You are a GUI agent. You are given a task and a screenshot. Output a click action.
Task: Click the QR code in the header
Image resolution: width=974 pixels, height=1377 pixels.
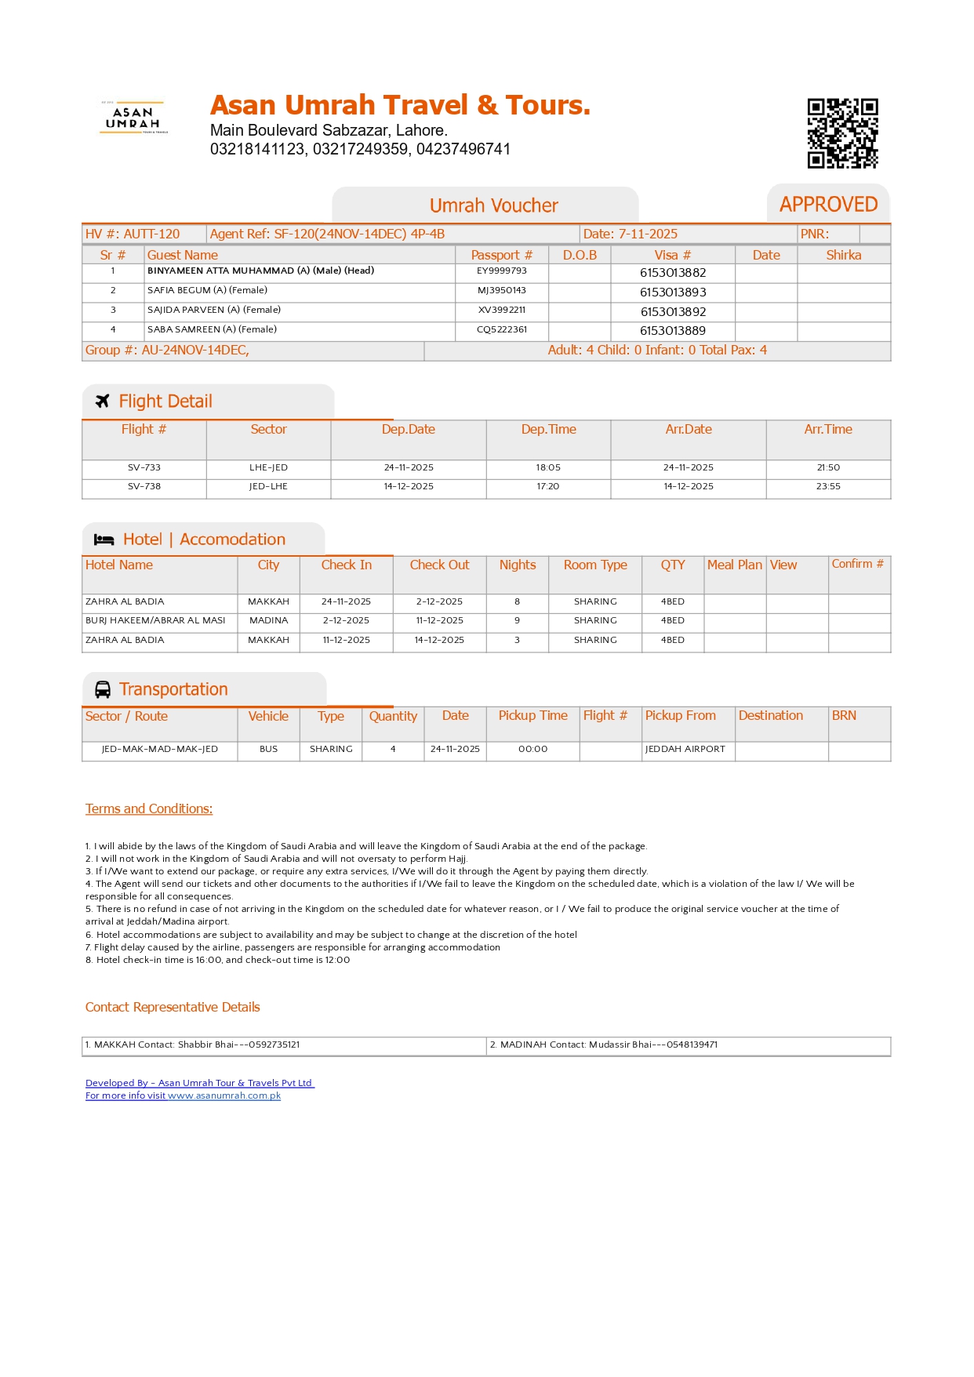(x=842, y=133)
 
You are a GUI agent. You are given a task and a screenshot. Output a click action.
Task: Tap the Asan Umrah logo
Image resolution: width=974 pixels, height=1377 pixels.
(x=133, y=118)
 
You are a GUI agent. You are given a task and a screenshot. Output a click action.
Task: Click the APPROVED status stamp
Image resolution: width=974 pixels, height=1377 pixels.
(x=828, y=205)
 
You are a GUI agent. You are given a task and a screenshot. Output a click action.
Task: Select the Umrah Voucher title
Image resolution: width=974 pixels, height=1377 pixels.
(x=493, y=205)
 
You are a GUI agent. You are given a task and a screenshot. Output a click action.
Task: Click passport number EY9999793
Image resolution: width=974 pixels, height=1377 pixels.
(x=502, y=271)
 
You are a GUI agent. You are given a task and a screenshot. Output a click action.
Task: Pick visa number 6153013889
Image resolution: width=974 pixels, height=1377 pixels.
(x=673, y=331)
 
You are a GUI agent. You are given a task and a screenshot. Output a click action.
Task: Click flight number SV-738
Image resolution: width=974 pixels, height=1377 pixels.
(x=144, y=487)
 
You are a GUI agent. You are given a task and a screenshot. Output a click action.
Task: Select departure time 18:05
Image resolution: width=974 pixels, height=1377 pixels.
(x=548, y=467)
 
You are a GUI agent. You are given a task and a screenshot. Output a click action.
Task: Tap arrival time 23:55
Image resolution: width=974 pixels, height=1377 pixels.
(x=828, y=487)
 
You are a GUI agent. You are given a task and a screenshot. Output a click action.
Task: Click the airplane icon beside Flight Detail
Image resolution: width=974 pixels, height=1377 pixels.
(x=102, y=401)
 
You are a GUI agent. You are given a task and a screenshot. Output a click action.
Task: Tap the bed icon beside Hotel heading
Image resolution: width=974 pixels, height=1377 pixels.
(x=104, y=540)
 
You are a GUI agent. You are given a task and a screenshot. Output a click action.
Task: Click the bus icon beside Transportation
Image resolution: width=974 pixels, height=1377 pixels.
(x=103, y=689)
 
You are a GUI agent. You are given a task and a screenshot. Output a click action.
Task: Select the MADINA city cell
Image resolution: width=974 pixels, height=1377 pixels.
(x=268, y=620)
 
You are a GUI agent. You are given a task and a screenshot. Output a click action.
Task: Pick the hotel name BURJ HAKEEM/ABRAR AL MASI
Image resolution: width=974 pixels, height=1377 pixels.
(x=155, y=620)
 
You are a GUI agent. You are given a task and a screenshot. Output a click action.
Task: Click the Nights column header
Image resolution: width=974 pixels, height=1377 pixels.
(x=518, y=565)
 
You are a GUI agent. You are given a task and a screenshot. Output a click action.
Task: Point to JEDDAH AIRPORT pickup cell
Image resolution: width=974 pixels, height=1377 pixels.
(x=685, y=749)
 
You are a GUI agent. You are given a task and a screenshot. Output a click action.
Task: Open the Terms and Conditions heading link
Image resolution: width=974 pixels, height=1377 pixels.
(x=149, y=808)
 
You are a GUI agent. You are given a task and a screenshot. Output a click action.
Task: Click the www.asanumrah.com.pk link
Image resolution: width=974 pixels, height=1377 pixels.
(x=224, y=1095)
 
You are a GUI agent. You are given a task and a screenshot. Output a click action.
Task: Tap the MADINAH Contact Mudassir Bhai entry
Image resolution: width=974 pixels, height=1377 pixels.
(x=604, y=1045)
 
